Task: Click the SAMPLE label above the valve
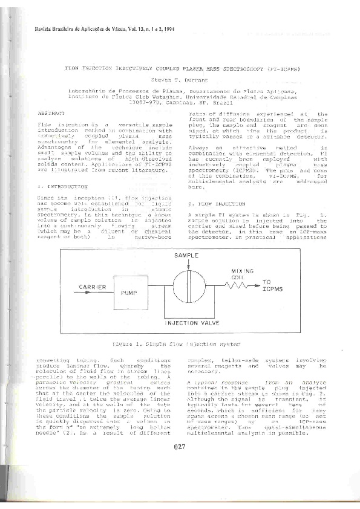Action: (x=186, y=256)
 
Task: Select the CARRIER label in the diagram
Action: (x=93, y=287)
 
